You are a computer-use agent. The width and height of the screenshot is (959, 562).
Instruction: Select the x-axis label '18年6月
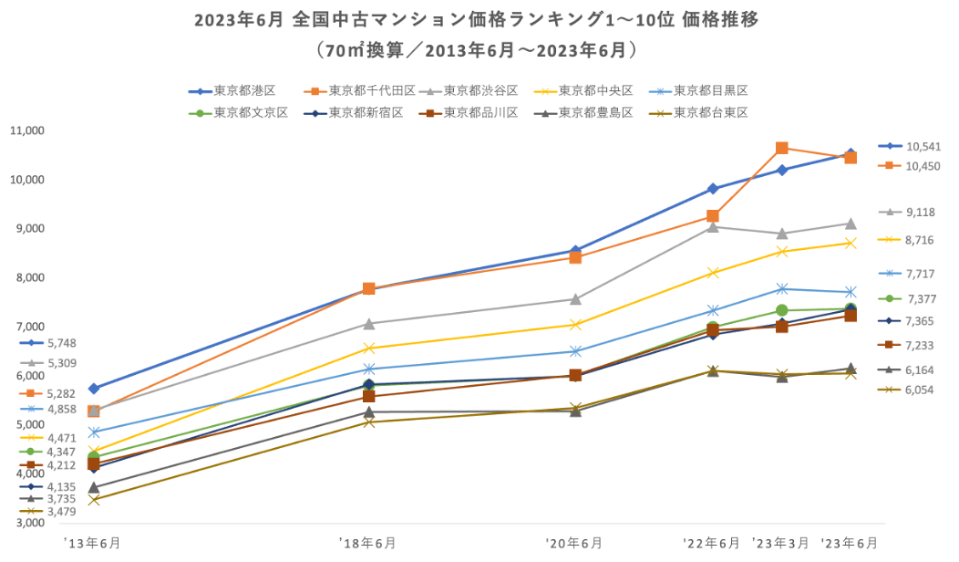point(369,543)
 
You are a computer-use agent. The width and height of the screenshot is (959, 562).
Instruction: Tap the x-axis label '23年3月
point(781,543)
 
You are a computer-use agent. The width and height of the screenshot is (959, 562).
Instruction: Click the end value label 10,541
point(923,146)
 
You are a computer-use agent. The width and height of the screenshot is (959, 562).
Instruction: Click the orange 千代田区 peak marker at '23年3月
point(781,148)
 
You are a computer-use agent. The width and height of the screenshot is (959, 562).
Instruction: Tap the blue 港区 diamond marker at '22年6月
point(713,189)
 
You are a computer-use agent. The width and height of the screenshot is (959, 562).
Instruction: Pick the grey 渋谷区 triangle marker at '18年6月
point(369,324)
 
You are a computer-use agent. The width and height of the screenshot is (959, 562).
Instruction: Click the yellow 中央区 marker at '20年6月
point(575,324)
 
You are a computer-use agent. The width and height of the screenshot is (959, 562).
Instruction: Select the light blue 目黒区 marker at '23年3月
point(781,288)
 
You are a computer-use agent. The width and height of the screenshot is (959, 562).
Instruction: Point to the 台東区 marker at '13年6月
point(93,499)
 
